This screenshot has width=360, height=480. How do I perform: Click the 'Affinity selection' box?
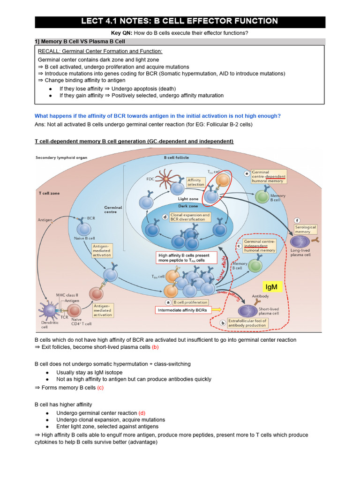195,182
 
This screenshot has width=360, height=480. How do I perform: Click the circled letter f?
296,220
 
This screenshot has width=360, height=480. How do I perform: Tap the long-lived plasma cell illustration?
299,241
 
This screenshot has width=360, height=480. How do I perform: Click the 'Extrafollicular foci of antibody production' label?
247,323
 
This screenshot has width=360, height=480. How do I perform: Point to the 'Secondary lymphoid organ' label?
61,157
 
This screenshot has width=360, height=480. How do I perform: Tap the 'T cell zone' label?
49,193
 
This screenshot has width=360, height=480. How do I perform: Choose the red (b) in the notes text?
155,347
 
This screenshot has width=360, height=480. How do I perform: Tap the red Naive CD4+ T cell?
74,310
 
